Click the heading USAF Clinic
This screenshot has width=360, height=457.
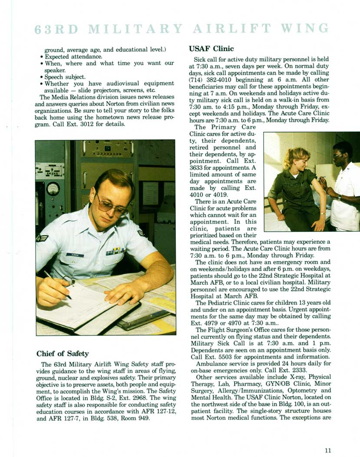(211, 49)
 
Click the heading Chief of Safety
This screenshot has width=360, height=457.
(63, 353)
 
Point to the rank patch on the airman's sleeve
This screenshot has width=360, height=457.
(43, 238)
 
